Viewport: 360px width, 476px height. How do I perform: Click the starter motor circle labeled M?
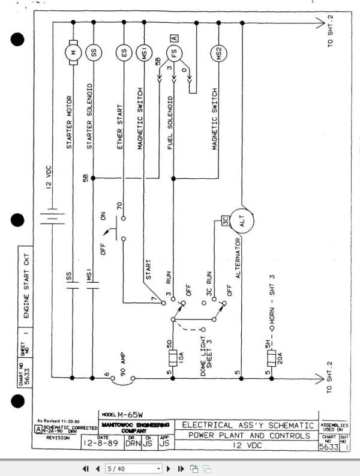point(73,52)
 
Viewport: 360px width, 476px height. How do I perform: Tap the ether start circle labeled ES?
point(124,53)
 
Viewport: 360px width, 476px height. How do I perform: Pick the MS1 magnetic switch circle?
point(144,53)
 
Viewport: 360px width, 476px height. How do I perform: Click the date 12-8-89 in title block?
point(101,446)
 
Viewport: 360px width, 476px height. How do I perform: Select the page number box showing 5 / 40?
point(133,468)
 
